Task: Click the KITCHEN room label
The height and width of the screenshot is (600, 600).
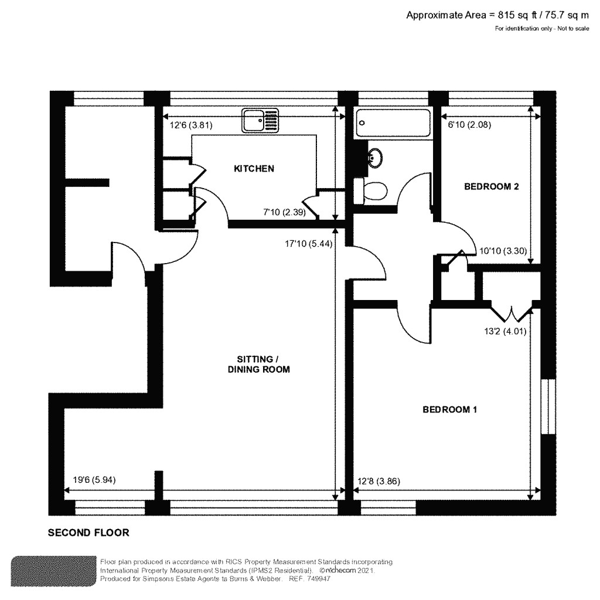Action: click(254, 169)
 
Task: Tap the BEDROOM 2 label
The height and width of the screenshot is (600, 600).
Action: click(492, 187)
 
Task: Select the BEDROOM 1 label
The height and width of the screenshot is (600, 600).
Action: click(449, 410)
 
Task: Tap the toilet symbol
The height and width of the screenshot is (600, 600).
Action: click(373, 191)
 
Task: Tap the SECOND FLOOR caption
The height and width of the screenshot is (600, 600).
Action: click(88, 533)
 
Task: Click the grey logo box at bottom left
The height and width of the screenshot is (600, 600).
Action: click(53, 570)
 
